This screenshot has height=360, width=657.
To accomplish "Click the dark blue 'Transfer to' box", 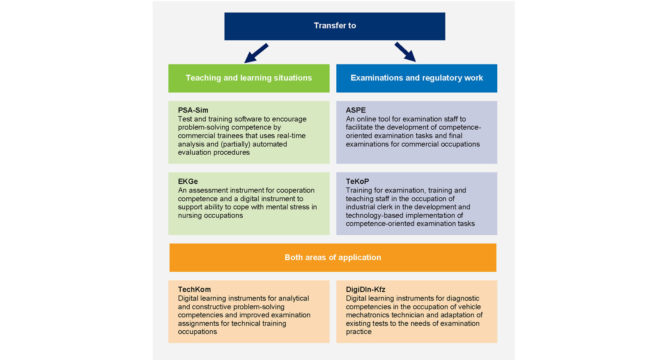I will coord(335,26).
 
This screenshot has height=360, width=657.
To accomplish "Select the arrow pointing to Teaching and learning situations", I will coord(256,53).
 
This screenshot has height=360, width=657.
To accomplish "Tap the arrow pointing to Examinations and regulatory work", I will coord(405,52).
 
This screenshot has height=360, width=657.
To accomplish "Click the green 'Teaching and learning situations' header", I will coord(248,78).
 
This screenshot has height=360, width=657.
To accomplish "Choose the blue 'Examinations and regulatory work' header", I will coord(416,78).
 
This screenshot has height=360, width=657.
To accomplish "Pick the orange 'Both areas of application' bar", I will coord(333,257).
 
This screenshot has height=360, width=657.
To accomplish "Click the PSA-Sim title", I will coord(193,110).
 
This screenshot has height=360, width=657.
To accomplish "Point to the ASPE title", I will coord(356,110).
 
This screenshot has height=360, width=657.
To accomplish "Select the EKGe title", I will coord(188,181).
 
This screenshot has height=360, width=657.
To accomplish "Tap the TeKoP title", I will coord(357,181).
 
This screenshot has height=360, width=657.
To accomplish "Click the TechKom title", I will coord(194,289).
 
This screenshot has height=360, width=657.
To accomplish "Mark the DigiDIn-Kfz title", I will coord(365,289).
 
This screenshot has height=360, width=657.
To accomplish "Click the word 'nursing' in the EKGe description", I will coord(190,216).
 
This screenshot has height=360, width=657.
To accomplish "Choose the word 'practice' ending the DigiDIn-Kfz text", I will coord(358,332).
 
